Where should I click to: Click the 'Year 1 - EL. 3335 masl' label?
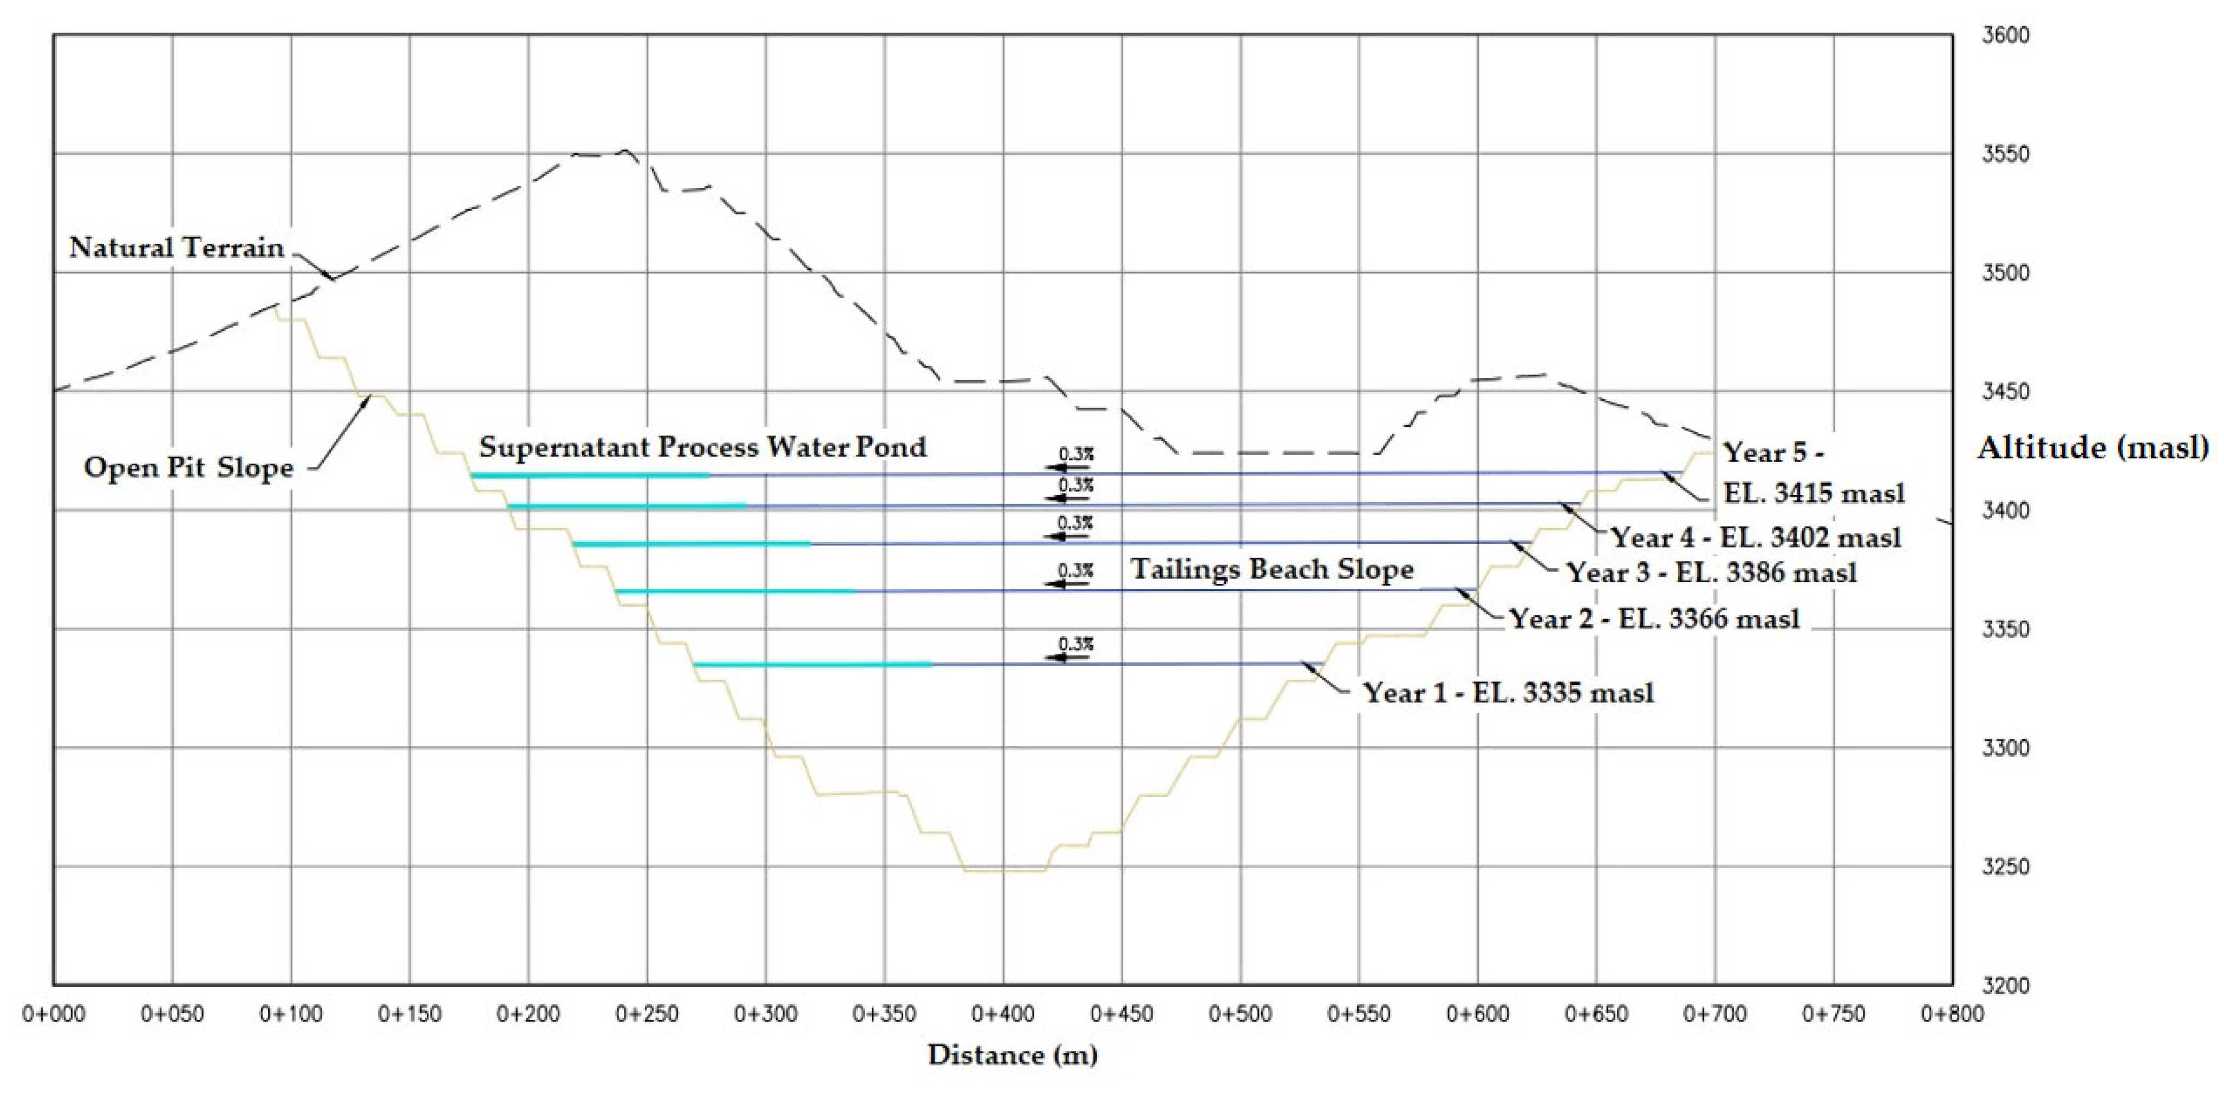tap(1508, 692)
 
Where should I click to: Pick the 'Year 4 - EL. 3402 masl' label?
tap(1755, 537)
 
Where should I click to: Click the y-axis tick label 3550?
tap(2005, 154)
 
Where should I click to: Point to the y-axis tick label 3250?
tap(2005, 867)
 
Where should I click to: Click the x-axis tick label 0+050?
tap(172, 1013)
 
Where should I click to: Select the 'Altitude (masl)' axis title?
tap(2093, 447)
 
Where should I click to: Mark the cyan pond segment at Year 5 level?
tap(590, 475)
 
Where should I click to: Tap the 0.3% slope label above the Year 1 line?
tap(1076, 644)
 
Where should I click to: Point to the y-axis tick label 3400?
tap(2005, 511)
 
